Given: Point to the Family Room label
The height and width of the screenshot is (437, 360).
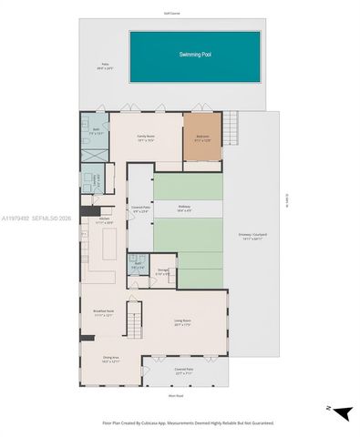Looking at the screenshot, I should (145, 138).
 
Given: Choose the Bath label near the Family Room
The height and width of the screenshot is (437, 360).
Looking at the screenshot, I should (94, 131).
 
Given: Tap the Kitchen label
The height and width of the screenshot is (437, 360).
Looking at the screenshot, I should (104, 220).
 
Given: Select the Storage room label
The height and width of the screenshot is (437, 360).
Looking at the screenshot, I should (162, 271).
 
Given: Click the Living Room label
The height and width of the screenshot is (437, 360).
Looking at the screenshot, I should (181, 321).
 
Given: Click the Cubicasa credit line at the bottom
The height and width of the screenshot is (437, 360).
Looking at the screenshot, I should (180, 422).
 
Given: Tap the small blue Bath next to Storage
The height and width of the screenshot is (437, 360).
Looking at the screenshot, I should (137, 266).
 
